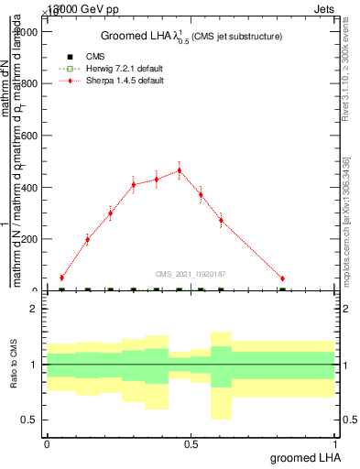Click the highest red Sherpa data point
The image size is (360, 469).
click(180, 170)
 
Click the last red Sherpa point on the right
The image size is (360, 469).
click(282, 278)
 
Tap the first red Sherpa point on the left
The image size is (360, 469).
click(61, 278)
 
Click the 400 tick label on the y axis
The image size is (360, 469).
click(27, 188)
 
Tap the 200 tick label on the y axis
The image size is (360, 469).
click(27, 239)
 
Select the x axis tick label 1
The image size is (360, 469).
click(334, 444)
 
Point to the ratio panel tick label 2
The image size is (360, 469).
click(33, 309)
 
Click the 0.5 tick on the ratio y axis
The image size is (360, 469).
click(29, 420)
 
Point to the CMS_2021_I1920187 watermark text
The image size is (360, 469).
click(191, 274)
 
